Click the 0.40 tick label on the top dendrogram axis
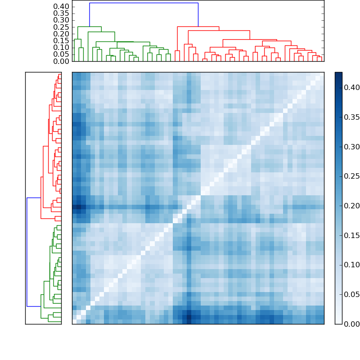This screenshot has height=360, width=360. click(61, 6)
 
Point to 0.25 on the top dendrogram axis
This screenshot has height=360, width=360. click(61, 27)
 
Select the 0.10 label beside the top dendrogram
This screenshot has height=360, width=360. click(61, 47)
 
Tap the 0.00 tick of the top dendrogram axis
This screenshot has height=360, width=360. click(61, 61)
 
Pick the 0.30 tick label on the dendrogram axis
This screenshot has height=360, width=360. click(61, 20)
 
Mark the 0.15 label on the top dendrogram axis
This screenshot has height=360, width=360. click(61, 40)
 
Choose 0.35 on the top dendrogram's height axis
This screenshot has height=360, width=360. click(61, 13)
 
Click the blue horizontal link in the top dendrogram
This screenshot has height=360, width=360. click(144, 3)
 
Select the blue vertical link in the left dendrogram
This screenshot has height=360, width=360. click(27, 252)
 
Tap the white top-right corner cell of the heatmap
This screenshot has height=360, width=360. click(321, 74)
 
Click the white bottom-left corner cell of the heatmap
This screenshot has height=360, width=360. click(74, 321)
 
